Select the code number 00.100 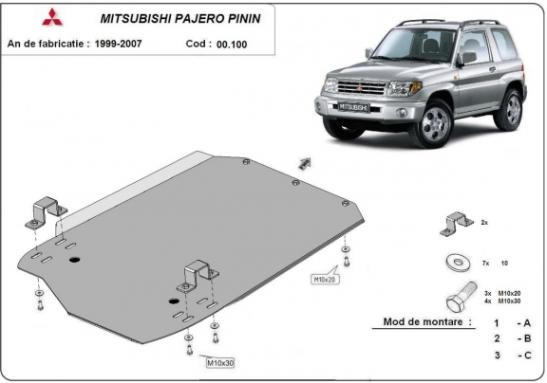click(233, 44)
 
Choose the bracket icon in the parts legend click(453, 224)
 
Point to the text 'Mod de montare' click(426, 321)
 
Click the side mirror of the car click(466, 59)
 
